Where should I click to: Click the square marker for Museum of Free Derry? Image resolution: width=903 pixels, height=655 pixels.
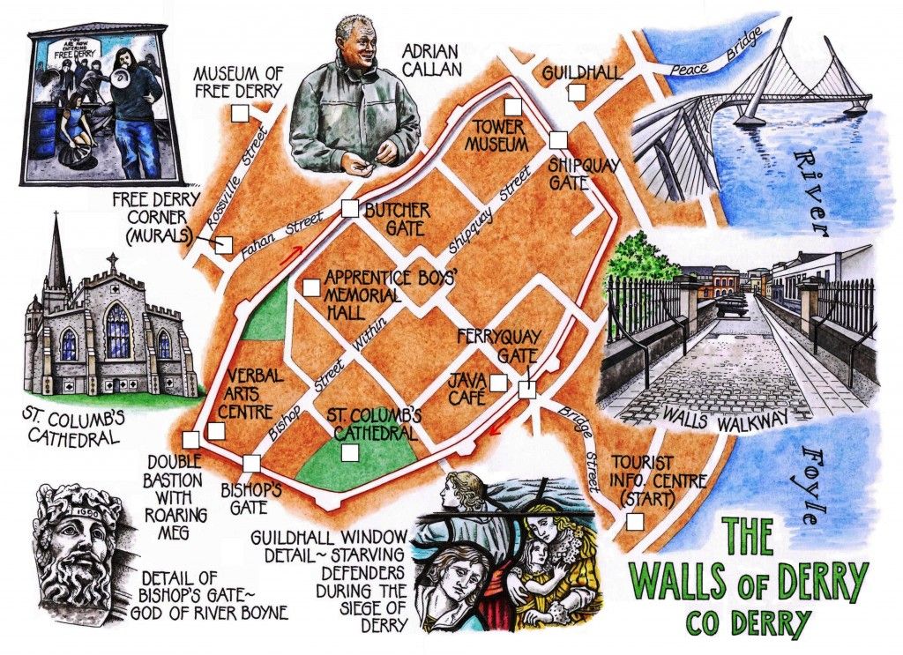[238, 113]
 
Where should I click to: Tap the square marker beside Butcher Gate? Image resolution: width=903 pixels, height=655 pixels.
[349, 209]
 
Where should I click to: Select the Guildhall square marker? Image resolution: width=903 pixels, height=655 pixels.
[576, 92]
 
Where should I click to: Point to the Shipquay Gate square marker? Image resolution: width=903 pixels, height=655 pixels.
[557, 139]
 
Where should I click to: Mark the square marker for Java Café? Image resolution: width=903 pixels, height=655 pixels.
[498, 383]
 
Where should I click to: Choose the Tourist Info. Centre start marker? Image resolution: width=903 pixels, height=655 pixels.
[634, 521]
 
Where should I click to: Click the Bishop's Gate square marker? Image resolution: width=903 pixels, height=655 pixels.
[251, 463]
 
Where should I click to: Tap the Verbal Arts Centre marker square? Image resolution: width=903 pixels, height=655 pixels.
[215, 432]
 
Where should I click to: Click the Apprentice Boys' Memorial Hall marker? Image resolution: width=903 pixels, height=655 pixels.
[310, 287]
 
